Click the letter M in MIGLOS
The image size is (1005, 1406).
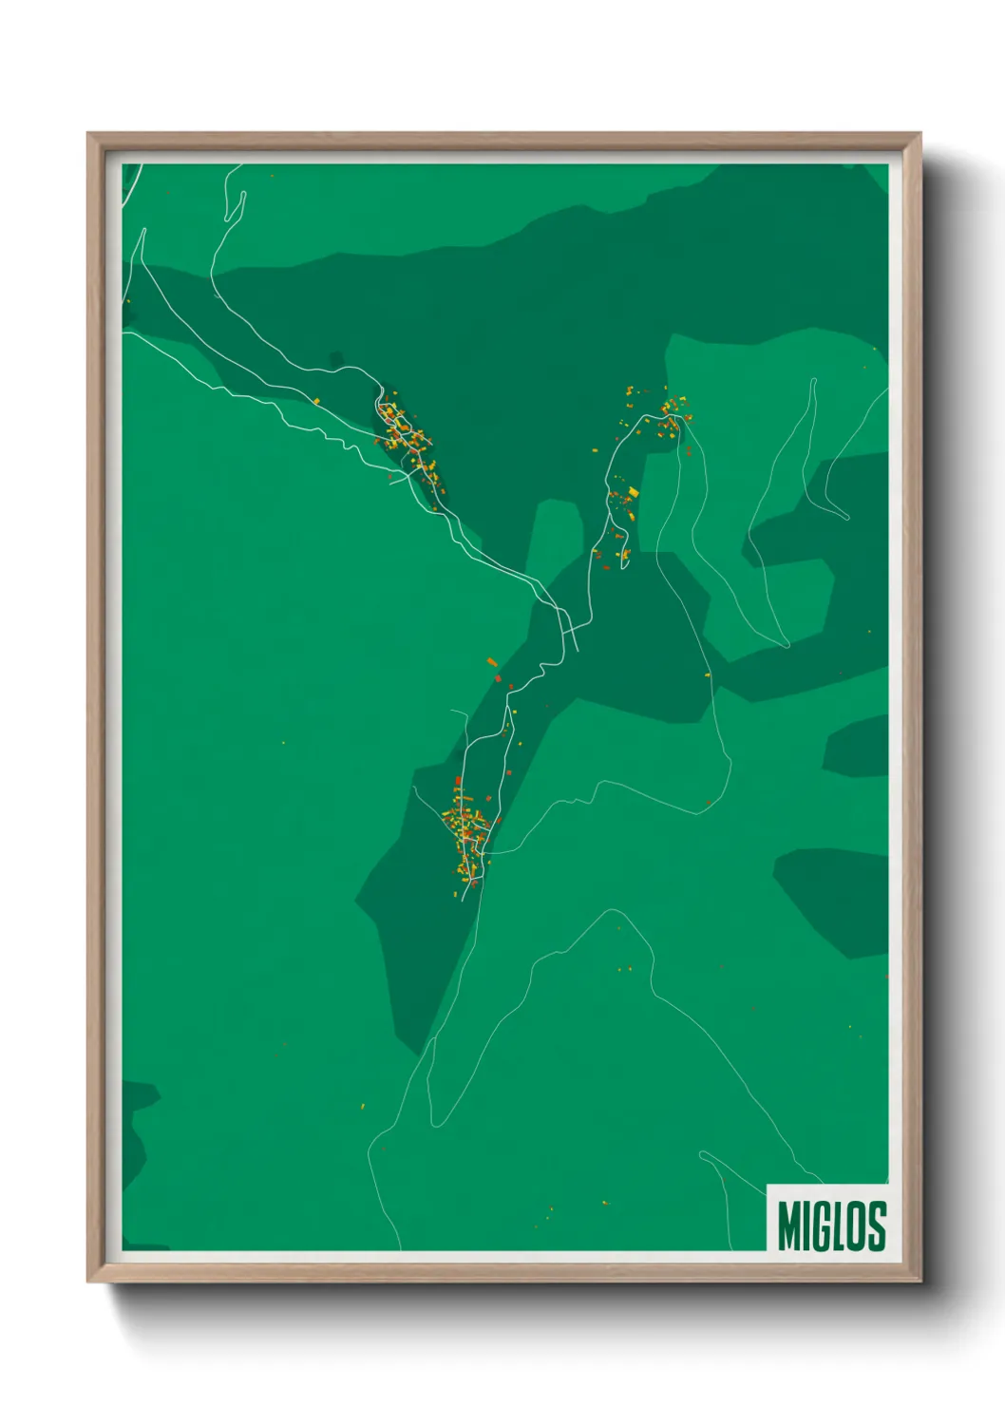pyautogui.click(x=789, y=1225)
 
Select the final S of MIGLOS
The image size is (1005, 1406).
pyautogui.click(x=877, y=1225)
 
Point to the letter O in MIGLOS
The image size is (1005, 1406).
pyautogui.click(x=857, y=1225)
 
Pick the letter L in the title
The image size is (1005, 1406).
pyautogui.click(x=838, y=1225)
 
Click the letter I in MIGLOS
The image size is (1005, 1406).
pyautogui.click(x=806, y=1225)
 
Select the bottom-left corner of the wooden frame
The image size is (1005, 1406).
pyautogui.click(x=89, y=1280)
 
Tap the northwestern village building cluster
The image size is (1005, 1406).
pyautogui.click(x=407, y=440)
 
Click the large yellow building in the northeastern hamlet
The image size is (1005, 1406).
pyautogui.click(x=634, y=491)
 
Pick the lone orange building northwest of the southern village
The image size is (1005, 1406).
pyautogui.click(x=491, y=661)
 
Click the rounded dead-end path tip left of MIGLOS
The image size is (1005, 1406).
pyautogui.click(x=703, y=1155)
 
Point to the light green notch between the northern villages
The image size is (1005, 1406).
pyautogui.click(x=555, y=532)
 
